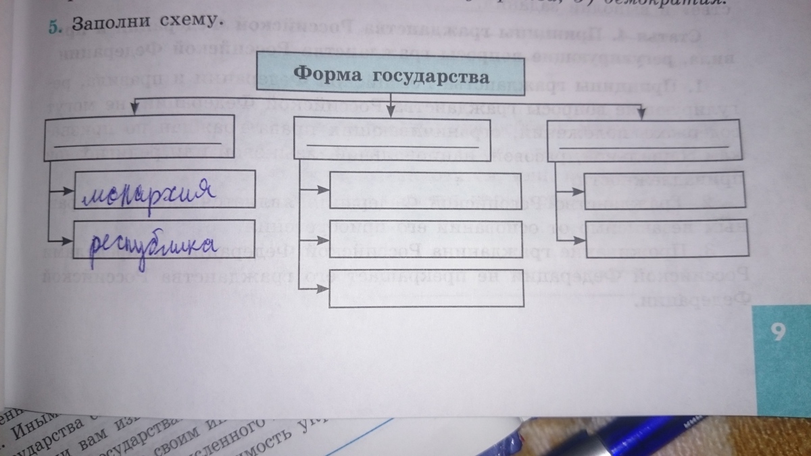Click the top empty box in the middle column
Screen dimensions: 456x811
tap(426, 190)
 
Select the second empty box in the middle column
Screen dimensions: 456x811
tap(426, 240)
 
